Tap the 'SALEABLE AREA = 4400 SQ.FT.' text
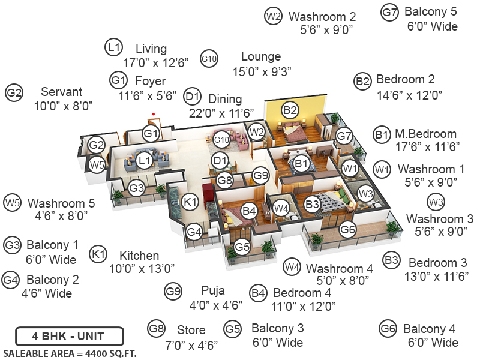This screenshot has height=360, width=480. click(69, 353)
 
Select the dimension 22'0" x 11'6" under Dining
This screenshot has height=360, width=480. click(221, 113)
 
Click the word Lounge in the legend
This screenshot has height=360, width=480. click(261, 57)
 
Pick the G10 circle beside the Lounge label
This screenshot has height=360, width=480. click(209, 58)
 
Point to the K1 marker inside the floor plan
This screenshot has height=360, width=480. click(190, 203)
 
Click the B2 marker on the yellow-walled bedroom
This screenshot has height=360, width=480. click(290, 110)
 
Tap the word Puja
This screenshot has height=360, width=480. click(213, 291)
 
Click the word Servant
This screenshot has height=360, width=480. click(62, 92)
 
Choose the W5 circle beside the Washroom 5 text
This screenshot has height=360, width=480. click(12, 203)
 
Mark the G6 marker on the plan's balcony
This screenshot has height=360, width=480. click(348, 229)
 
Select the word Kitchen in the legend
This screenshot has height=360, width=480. click(139, 256)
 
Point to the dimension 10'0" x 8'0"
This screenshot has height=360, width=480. click(64, 106)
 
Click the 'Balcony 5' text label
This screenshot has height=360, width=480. click(430, 11)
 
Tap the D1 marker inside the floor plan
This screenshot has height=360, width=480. click(220, 160)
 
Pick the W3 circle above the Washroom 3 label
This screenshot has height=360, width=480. click(436, 202)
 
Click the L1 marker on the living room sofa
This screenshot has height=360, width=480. click(143, 160)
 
